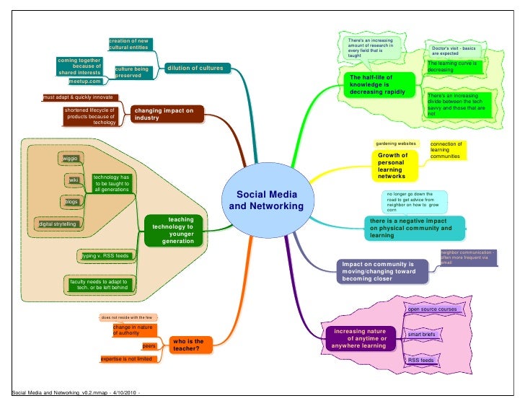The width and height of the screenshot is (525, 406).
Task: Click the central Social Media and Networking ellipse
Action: tap(266, 202)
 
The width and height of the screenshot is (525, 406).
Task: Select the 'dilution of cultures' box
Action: tap(195, 69)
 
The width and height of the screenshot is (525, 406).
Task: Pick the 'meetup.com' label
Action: tap(84, 81)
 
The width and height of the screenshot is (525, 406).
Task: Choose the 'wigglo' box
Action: tap(71, 159)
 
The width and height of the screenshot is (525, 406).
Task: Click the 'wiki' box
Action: tap(74, 179)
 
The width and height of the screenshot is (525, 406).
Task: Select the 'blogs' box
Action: tap(71, 201)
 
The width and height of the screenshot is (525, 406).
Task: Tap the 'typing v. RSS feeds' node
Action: tap(105, 256)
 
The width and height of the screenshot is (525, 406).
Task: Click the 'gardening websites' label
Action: tap(395, 144)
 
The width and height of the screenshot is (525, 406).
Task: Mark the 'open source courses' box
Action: tap(433, 309)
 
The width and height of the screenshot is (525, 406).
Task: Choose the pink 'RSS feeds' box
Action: tap(421, 360)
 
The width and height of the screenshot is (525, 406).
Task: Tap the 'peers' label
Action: tap(149, 346)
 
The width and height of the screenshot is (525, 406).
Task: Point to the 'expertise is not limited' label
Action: tap(125, 358)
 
